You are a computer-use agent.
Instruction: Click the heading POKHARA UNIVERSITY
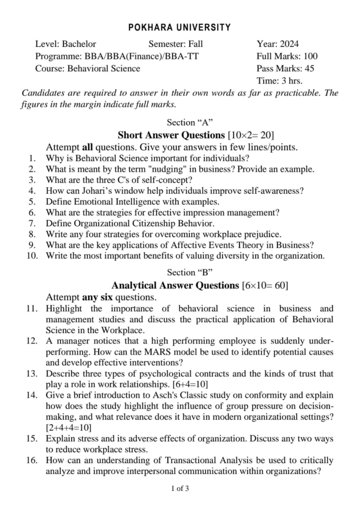tap(180, 27)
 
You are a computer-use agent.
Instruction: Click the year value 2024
tap(289, 44)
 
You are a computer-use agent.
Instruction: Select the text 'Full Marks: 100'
tap(287, 56)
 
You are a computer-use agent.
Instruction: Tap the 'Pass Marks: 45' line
tap(285, 69)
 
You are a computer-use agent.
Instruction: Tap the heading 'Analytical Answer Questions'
tap(175, 285)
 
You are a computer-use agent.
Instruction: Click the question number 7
tap(31, 224)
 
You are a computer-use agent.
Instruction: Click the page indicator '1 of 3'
tap(180, 489)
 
